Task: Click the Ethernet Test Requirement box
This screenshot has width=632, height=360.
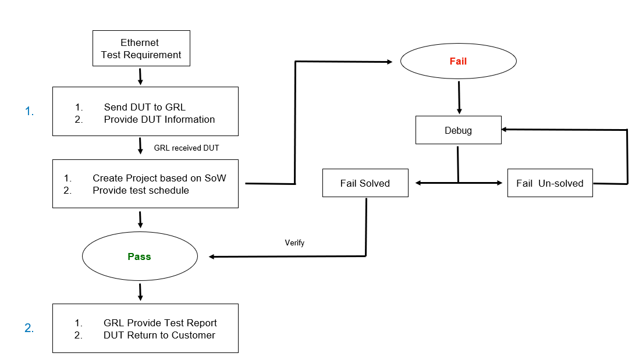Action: [x=141, y=48]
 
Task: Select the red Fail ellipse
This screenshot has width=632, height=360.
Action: [x=458, y=61]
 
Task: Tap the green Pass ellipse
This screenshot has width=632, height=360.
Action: [x=140, y=256]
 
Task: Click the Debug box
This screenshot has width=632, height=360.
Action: [x=458, y=130]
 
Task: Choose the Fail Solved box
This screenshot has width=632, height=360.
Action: [x=365, y=183]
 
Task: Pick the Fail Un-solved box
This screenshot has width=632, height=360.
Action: [x=549, y=183]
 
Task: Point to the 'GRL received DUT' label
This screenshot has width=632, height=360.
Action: [x=186, y=148]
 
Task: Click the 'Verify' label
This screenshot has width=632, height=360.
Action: [x=294, y=243]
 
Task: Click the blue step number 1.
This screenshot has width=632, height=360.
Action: [x=30, y=112]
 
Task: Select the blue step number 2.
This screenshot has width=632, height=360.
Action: [x=29, y=328]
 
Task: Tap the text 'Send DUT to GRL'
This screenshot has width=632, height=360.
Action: [x=145, y=107]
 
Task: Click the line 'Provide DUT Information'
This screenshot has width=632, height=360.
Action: [x=159, y=119]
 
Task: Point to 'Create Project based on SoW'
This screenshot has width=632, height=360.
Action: [x=159, y=178]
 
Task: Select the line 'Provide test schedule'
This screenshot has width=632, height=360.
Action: [x=141, y=190]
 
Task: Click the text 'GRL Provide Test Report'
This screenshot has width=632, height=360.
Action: [x=160, y=323]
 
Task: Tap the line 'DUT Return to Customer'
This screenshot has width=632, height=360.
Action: [x=159, y=335]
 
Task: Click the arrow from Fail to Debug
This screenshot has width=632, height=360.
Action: [x=459, y=97]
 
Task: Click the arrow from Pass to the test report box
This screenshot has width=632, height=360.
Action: [x=140, y=292]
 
